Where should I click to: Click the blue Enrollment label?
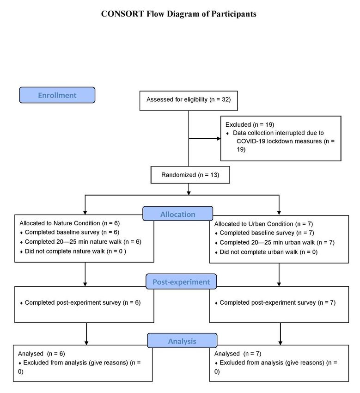pos(57,95)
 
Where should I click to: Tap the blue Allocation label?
pos(177,214)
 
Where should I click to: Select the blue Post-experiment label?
pos(181,282)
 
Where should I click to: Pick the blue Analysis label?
pos(182,341)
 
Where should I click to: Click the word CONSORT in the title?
pos(122,14)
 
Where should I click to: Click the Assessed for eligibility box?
pos(189,101)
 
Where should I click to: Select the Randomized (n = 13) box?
pos(190,175)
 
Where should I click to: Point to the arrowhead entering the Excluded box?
pos(219,138)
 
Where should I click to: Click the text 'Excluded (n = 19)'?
pos(250,124)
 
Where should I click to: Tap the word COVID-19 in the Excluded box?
pos(250,141)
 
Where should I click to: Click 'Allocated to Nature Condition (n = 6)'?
pos(70,223)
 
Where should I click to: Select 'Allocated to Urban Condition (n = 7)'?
pos(263,224)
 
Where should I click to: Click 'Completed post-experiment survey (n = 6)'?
pos(83,302)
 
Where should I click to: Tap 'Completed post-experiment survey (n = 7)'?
pos(278,302)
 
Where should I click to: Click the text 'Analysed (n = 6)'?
pos(42,354)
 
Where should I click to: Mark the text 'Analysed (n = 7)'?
pos(238,354)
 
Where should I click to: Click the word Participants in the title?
pos(233,14)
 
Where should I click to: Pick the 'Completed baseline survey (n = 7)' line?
pos(267,233)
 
